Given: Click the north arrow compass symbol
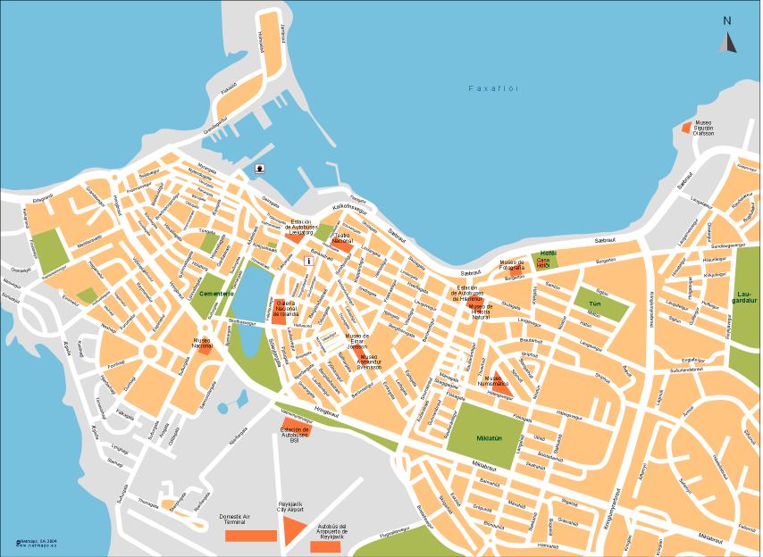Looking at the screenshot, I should (727, 41).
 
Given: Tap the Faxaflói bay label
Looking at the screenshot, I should (493, 88).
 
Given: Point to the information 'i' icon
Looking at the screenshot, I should (308, 261).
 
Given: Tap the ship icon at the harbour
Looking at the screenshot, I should (259, 168).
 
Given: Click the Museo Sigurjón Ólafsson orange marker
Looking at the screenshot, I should (686, 127).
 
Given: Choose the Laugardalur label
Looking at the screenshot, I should (746, 297).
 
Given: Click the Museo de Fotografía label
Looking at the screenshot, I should (512, 265).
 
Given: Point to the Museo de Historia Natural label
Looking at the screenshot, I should (482, 312).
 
